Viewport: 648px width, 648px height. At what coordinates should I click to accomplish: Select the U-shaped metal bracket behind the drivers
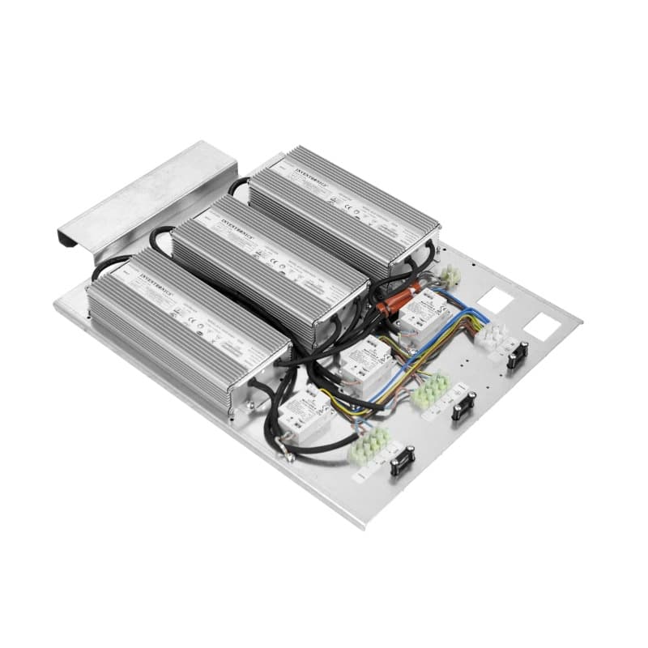[x=146, y=191]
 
